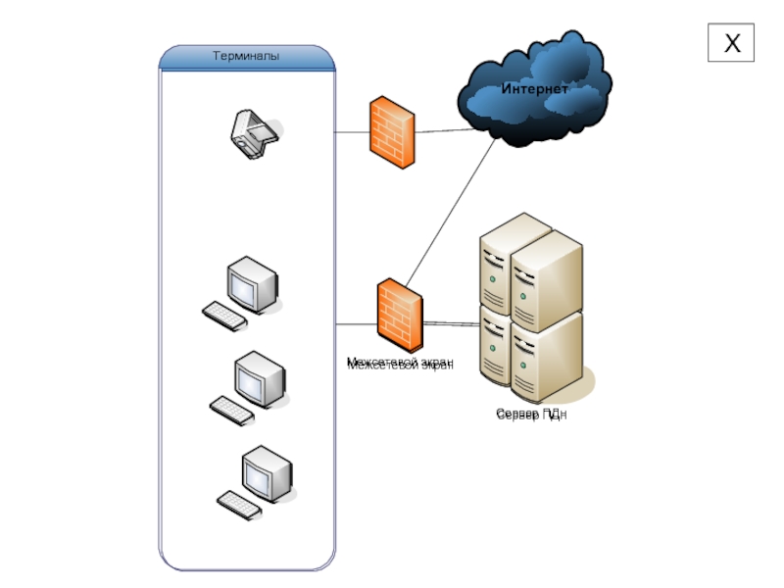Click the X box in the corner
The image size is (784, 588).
click(731, 43)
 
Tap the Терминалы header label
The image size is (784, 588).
click(247, 57)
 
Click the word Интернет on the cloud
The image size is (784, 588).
click(534, 89)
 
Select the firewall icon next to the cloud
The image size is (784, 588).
click(391, 131)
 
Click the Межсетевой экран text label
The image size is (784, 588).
click(400, 365)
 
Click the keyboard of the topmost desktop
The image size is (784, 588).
click(224, 316)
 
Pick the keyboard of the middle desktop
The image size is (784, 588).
click(232, 410)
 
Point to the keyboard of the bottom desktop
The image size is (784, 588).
click(240, 504)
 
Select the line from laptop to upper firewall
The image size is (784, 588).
click(352, 131)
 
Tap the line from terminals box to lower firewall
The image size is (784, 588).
click(356, 323)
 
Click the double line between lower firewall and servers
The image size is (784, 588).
click(452, 323)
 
